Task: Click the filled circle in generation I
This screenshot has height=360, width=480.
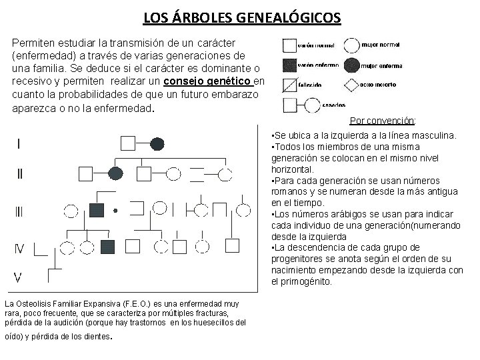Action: pyautogui.click(x=157, y=143)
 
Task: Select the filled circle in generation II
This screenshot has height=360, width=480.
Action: pyautogui.click(x=115, y=174)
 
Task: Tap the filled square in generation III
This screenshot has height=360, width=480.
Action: pyautogui.click(x=99, y=210)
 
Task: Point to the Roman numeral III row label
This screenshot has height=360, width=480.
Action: pyautogui.click(x=19, y=212)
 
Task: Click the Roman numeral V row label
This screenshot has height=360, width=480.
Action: pyautogui.click(x=20, y=276)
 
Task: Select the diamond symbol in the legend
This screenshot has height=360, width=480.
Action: pyautogui.click(x=351, y=85)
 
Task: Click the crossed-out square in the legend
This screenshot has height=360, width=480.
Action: pyautogui.click(x=289, y=85)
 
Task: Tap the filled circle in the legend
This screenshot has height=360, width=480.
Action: pyautogui.click(x=351, y=65)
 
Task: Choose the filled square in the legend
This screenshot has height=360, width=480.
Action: pyautogui.click(x=289, y=65)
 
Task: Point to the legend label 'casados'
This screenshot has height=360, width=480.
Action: pyautogui.click(x=333, y=105)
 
